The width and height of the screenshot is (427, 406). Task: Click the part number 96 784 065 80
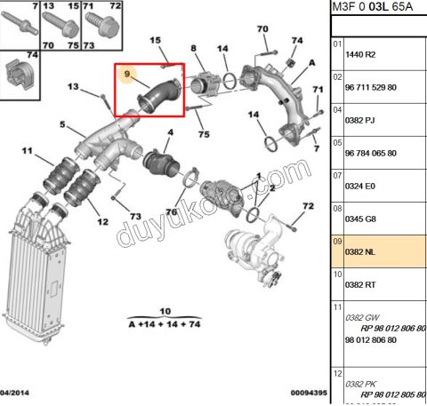[x=374, y=153]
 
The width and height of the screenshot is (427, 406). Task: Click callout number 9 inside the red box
[x=128, y=75]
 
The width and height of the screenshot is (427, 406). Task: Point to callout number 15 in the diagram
[x=154, y=41]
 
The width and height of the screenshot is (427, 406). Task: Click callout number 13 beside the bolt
[x=73, y=86]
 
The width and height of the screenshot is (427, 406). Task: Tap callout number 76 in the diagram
[x=171, y=211]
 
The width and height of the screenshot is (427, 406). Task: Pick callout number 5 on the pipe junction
[x=62, y=123]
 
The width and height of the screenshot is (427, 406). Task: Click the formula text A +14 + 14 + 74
[x=163, y=326]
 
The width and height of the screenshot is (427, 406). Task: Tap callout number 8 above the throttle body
[x=193, y=48]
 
